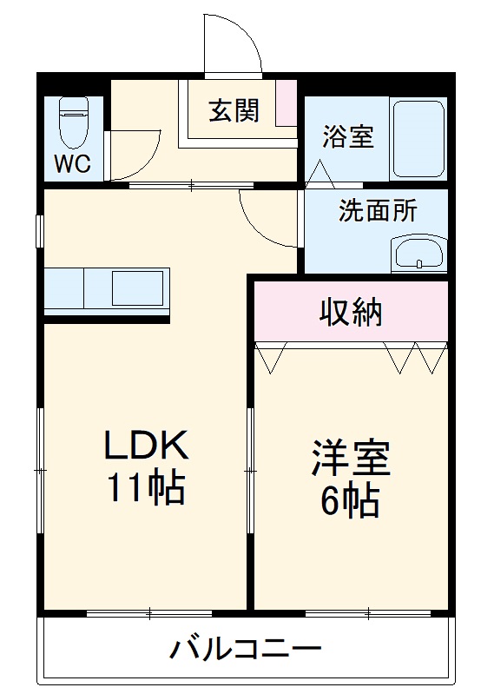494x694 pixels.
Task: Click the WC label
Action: point(73,164)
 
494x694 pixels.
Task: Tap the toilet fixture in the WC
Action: point(73,122)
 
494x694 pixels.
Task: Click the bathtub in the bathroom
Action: point(418,138)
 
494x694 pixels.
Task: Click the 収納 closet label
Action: point(351,311)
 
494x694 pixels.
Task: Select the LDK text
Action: point(146,446)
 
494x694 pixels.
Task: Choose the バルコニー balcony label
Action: point(246,648)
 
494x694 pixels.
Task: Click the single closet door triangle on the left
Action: point(272,357)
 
